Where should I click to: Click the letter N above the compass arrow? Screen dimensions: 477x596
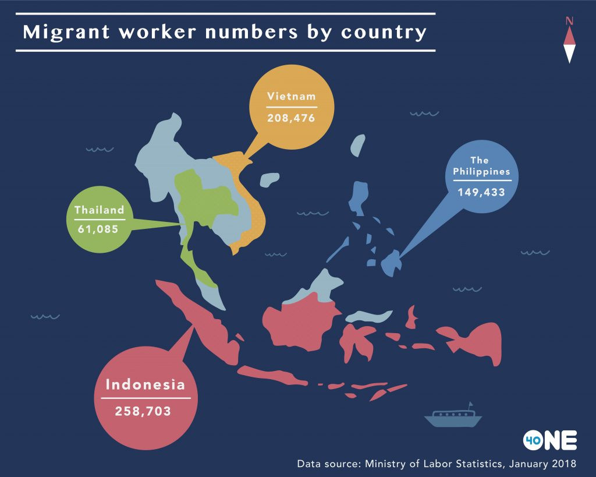coord(569,22)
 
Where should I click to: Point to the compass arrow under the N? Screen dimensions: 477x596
coord(569,45)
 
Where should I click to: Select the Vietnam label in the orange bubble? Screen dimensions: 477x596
coord(291,96)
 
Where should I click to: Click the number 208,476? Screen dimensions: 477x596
coord(291,118)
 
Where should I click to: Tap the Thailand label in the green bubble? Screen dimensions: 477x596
coord(99,210)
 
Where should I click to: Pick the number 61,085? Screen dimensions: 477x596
coord(99,229)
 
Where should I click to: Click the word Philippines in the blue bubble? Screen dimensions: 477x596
coord(482,172)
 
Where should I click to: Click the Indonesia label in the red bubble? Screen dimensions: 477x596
coord(146,384)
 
